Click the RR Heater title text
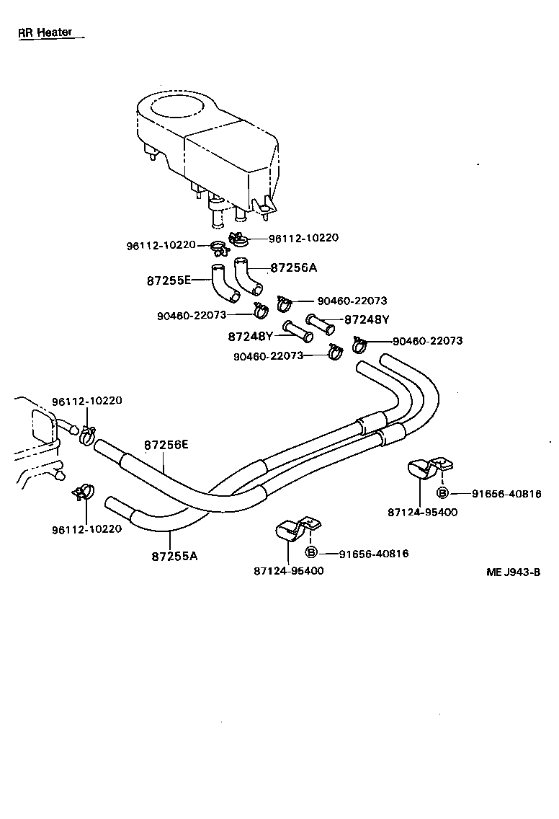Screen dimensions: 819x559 (x=45, y=33)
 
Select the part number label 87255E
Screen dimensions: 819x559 (x=169, y=280)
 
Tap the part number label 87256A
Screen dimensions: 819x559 (x=293, y=267)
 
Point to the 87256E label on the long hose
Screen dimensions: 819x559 (x=166, y=445)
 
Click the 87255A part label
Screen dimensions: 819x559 (x=174, y=556)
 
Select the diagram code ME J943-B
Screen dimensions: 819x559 (x=513, y=572)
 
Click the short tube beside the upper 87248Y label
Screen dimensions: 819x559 (x=321, y=324)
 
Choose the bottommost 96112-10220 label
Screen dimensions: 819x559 (x=86, y=528)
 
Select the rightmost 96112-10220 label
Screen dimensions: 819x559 (x=303, y=238)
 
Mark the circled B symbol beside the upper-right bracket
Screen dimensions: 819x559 (x=443, y=493)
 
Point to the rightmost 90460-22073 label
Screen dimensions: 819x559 (x=427, y=341)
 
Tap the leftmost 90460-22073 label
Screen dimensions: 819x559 (x=192, y=315)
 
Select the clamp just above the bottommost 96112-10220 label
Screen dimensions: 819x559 (x=84, y=492)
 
